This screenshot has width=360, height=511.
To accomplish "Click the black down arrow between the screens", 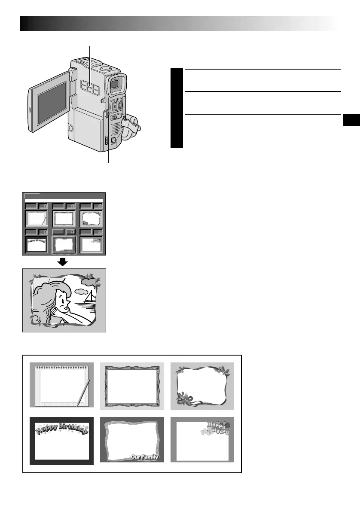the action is click(63, 262).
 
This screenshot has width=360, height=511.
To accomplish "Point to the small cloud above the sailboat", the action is click(80, 292).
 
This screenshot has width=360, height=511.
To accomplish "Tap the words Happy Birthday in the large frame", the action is click(61, 428).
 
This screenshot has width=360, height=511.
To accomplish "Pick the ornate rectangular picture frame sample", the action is click(132, 385).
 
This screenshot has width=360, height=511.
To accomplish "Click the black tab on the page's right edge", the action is click(351, 121).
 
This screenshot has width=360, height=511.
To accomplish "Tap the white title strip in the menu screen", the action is click(64, 200).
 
